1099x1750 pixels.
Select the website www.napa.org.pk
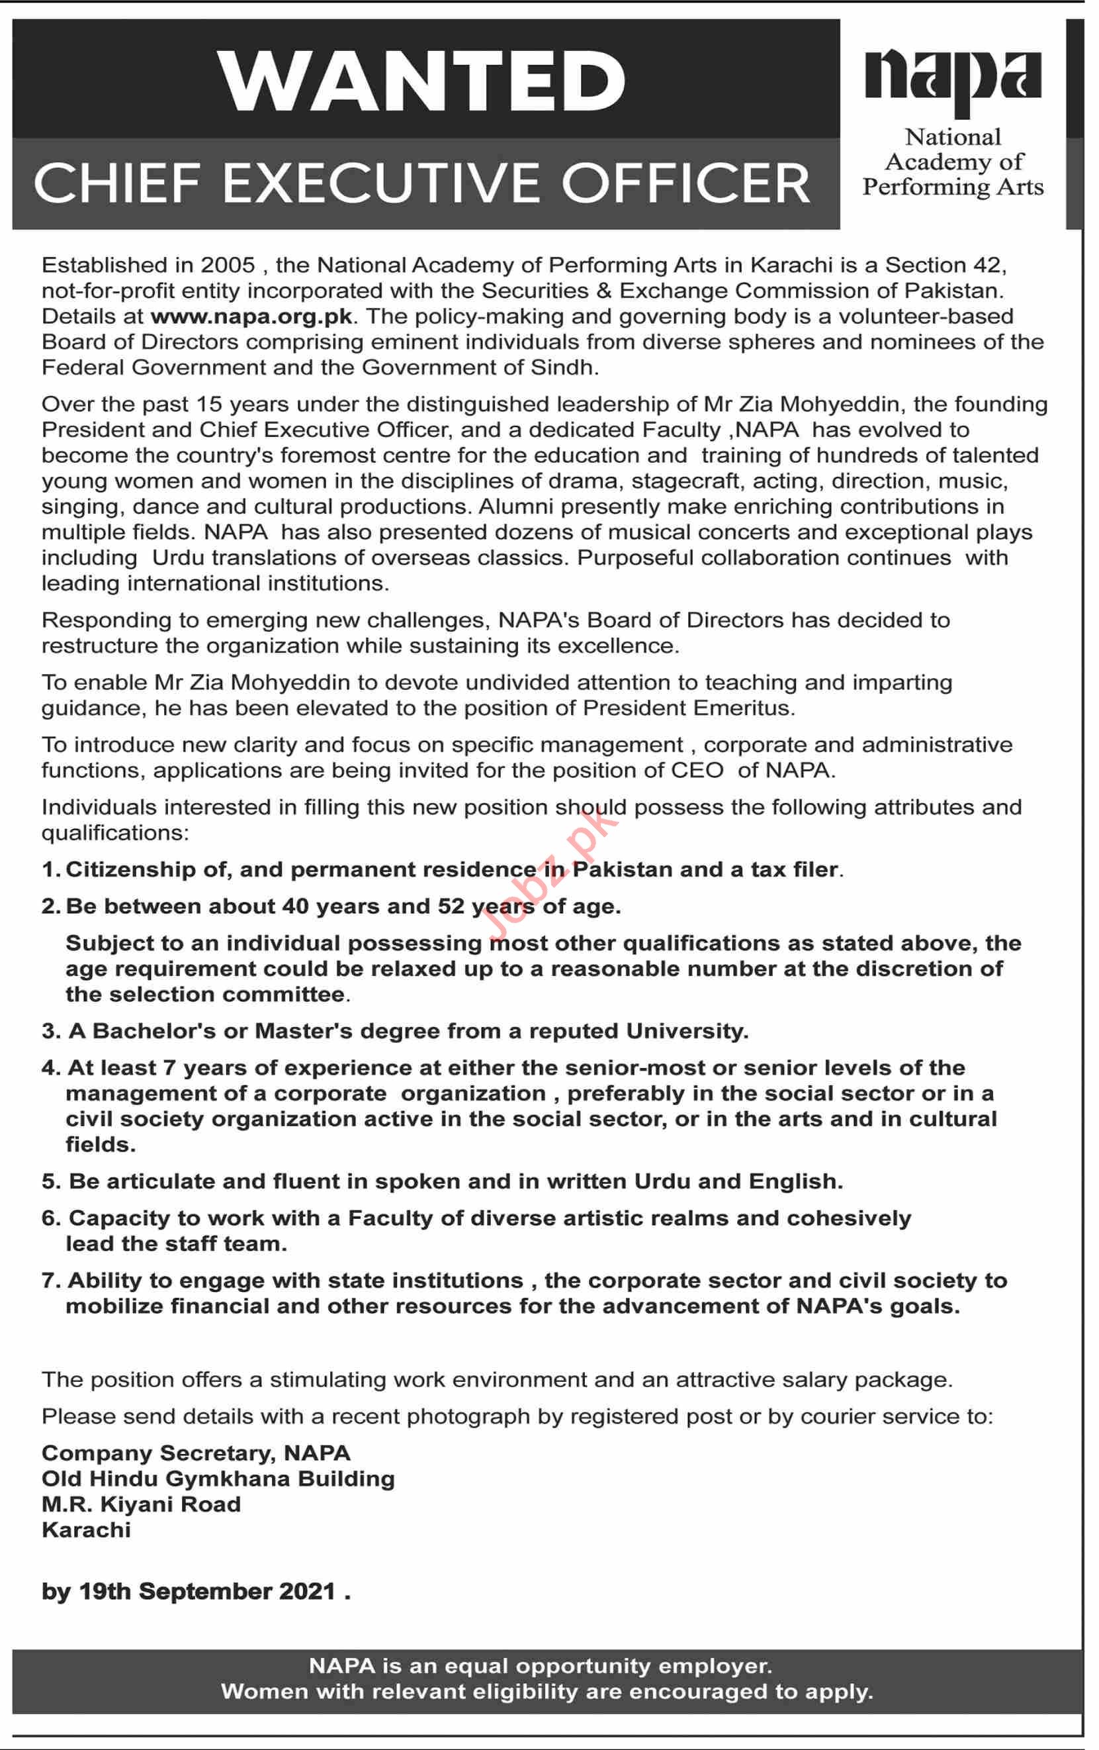251,317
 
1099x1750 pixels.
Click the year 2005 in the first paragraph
228,266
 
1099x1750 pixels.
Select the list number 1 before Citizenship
49,870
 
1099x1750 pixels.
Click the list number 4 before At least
49,1068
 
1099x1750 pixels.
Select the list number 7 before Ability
49,1281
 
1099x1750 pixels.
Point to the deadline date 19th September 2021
207,1592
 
